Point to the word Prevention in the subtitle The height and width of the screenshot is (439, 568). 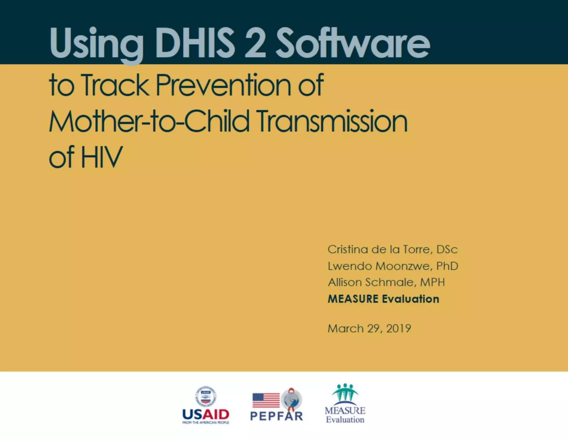pyautogui.click(x=223, y=85)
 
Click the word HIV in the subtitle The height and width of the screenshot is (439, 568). pyautogui.click(x=102, y=157)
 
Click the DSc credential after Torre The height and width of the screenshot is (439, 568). pyautogui.click(x=447, y=249)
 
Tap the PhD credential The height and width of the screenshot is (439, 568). pyautogui.click(x=447, y=266)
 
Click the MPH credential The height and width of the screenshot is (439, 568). pyautogui.click(x=432, y=282)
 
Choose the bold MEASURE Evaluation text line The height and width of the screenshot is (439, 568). pyautogui.click(x=383, y=299)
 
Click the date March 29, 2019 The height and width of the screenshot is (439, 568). pyautogui.click(x=369, y=329)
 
